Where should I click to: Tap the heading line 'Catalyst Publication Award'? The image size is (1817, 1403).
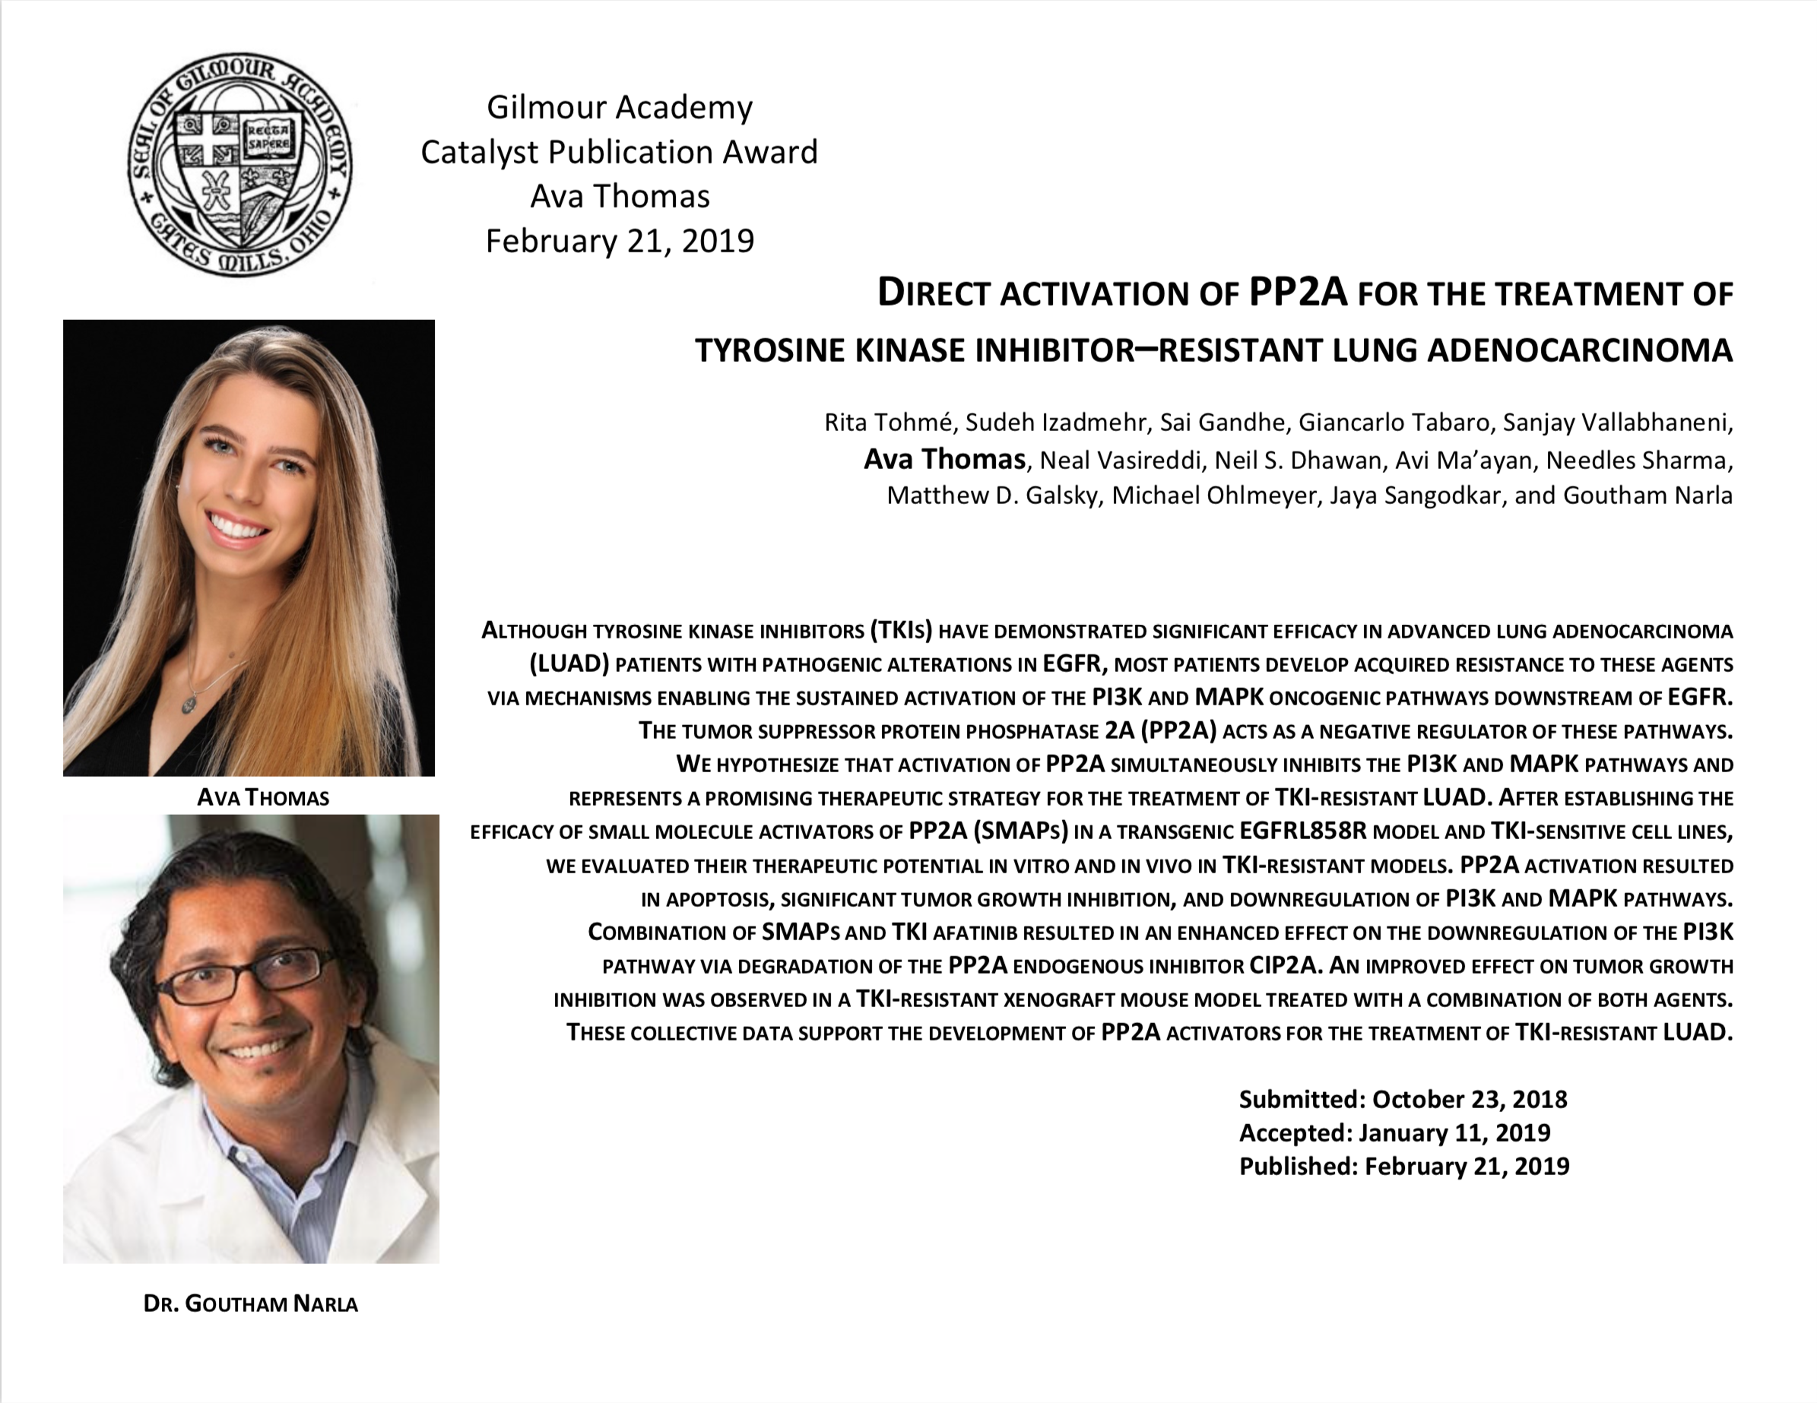619,152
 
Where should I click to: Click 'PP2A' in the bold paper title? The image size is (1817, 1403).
1298,293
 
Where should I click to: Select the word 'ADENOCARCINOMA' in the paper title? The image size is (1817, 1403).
1580,351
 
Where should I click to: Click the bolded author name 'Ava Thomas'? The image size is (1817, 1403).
944,459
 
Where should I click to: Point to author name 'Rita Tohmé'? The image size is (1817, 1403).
887,423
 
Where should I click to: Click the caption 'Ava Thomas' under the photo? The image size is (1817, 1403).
263,798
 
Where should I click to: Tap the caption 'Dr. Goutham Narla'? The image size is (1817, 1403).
250,1303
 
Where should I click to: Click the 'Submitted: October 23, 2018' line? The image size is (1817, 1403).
1403,1100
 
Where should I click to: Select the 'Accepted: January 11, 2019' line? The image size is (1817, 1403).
1394,1132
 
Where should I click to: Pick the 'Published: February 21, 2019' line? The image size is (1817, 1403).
1403,1166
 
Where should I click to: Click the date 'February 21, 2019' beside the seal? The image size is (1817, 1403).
619,241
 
